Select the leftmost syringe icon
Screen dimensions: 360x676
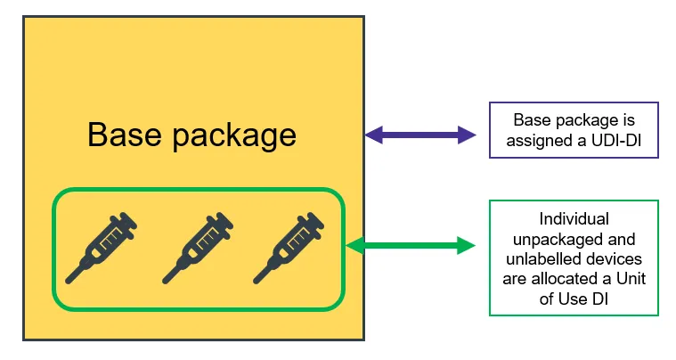point(104,247)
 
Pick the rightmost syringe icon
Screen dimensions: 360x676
point(288,247)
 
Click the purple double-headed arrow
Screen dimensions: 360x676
point(420,135)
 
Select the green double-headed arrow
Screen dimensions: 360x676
point(411,245)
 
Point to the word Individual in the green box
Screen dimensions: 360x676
point(574,218)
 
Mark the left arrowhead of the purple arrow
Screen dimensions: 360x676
point(373,135)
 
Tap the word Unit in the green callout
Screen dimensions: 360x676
point(622,278)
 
